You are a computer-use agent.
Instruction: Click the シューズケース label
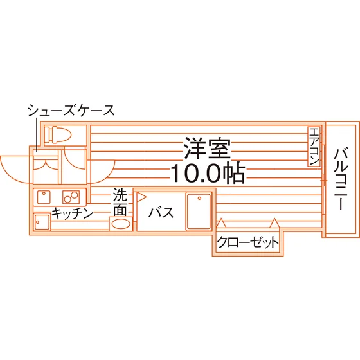(71, 110)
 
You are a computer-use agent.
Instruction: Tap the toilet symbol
(58, 134)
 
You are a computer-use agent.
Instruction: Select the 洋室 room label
(207, 148)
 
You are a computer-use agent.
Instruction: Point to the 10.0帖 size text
(208, 173)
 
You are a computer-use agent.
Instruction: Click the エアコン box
(314, 147)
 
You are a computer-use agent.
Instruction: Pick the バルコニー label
(341, 179)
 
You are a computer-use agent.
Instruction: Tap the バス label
(161, 212)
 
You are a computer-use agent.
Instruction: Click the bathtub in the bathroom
(199, 211)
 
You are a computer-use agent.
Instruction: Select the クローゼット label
(248, 242)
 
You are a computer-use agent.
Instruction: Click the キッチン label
(73, 213)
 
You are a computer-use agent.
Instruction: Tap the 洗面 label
(120, 203)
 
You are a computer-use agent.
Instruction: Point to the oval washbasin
(121, 224)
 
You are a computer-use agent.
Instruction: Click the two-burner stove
(71, 197)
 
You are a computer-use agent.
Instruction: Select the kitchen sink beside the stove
(44, 197)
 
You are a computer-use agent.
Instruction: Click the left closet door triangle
(221, 223)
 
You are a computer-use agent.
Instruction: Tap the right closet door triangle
(274, 223)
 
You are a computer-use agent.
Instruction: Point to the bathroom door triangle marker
(141, 197)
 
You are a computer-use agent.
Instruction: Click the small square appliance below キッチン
(42, 222)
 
